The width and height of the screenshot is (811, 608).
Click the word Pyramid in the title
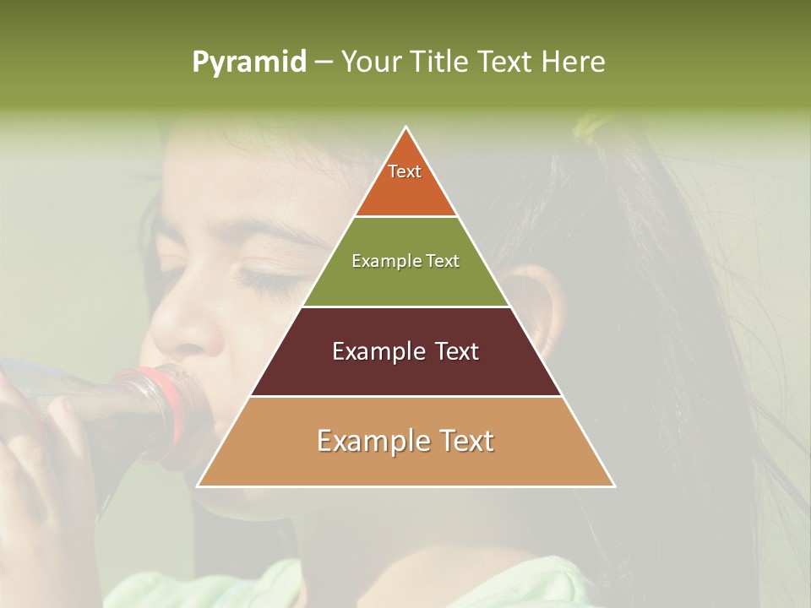pos(249,62)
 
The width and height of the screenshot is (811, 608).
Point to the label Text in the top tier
pos(405,171)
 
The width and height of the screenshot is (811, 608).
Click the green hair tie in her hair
pos(588,128)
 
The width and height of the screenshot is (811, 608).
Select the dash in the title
pos(324,62)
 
